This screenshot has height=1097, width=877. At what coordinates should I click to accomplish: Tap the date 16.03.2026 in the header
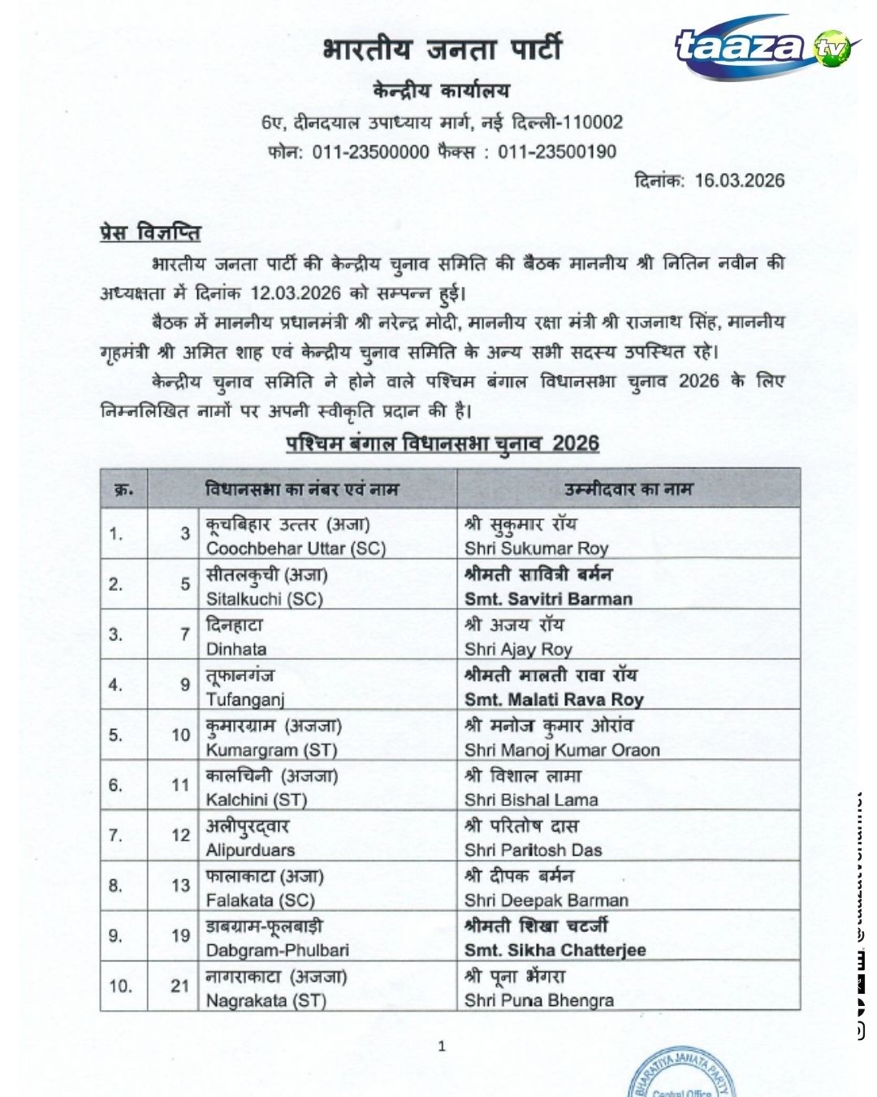(x=739, y=180)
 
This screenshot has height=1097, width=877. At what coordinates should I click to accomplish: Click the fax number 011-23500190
(x=557, y=152)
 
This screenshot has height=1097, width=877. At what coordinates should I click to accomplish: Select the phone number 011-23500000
(x=370, y=152)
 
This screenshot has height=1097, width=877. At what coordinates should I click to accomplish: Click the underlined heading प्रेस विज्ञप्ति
(x=150, y=232)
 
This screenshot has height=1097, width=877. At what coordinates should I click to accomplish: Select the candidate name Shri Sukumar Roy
(x=536, y=548)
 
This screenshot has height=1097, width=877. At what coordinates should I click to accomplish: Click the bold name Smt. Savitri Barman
(x=548, y=599)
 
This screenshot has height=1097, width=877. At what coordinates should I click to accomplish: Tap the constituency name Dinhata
(x=236, y=649)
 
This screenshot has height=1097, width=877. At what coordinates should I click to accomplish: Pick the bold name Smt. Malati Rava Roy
(x=554, y=700)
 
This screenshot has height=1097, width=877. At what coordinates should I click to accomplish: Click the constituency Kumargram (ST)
(x=271, y=750)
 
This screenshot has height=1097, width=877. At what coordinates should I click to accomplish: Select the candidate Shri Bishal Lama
(x=531, y=800)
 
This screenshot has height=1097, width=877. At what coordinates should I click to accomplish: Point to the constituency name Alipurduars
(x=250, y=850)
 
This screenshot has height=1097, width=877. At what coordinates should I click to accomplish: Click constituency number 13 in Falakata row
(x=180, y=886)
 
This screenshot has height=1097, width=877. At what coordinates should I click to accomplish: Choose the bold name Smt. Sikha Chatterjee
(x=555, y=951)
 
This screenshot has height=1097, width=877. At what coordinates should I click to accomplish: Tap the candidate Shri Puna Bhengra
(x=539, y=1001)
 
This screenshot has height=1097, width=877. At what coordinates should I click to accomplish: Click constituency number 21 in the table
(x=179, y=986)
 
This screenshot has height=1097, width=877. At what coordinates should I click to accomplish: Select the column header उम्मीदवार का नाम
(x=629, y=489)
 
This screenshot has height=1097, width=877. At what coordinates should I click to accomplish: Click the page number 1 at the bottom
(x=442, y=1047)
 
